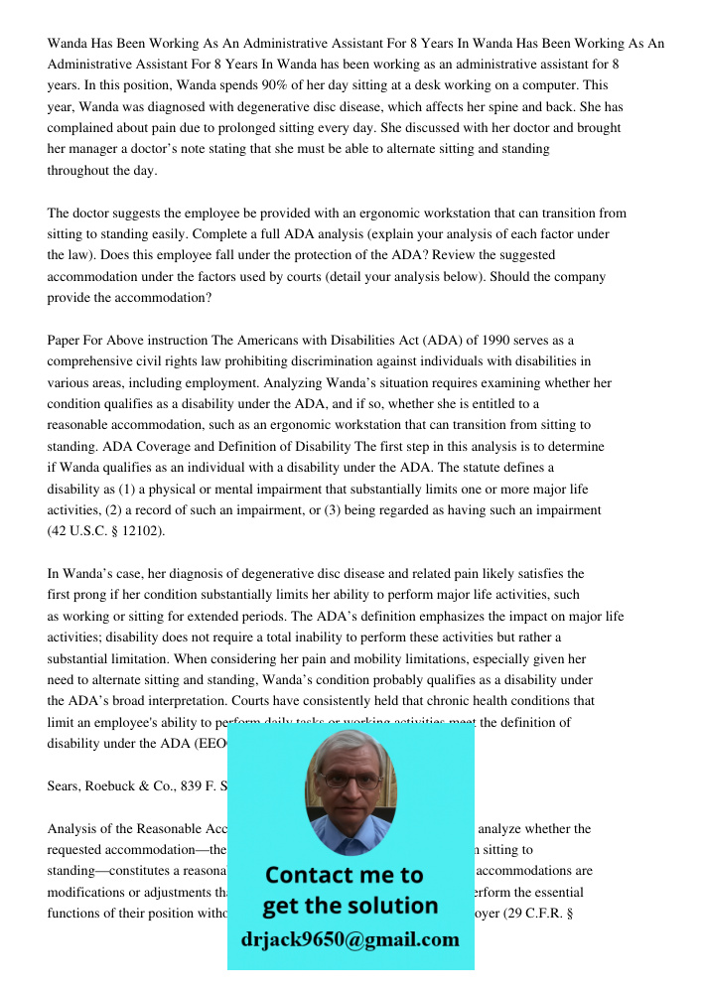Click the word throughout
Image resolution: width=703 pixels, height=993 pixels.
click(79, 170)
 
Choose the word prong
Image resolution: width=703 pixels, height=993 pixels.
click(99, 595)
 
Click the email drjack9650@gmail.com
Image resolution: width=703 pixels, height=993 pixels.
click(350, 939)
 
